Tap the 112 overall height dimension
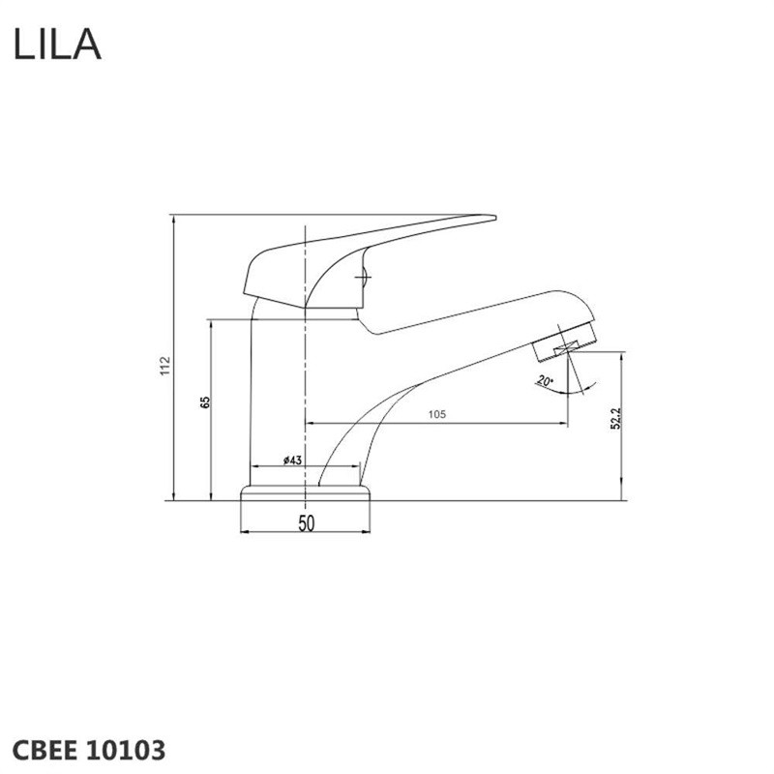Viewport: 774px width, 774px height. point(166,366)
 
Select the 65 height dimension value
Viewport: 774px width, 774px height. point(205,402)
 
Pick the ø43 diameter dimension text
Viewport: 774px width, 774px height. point(294,461)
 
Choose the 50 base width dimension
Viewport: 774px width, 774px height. point(306,523)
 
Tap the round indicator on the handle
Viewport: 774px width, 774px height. point(364,279)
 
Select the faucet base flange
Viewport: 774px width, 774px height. point(306,493)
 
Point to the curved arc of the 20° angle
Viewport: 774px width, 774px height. point(585,384)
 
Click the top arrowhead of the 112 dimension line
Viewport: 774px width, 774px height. point(172,219)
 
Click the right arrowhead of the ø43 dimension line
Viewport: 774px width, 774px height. point(357,469)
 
